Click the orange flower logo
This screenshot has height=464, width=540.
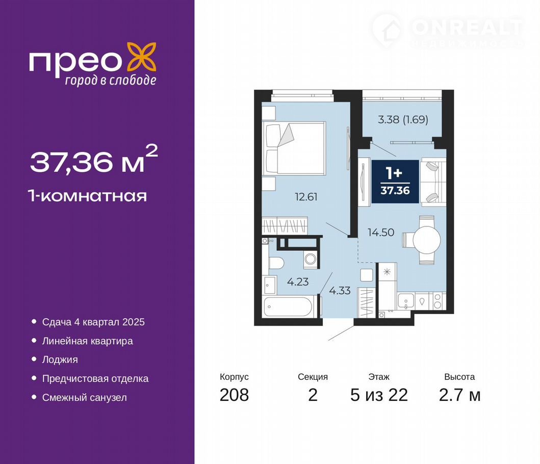(142, 57)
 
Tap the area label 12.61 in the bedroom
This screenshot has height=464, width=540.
(306, 197)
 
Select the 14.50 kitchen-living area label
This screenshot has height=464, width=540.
(381, 233)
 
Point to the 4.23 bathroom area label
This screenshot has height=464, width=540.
(298, 282)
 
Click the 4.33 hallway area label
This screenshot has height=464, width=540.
(340, 291)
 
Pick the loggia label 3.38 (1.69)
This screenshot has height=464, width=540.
(403, 119)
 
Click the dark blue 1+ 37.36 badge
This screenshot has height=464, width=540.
(395, 182)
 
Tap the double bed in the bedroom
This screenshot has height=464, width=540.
(294, 148)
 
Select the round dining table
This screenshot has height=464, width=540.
(427, 240)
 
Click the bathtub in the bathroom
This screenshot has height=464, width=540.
(288, 306)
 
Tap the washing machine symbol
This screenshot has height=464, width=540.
(312, 260)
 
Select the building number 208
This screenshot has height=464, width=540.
(234, 395)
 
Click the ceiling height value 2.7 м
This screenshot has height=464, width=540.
(459, 395)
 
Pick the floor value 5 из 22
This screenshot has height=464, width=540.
(379, 395)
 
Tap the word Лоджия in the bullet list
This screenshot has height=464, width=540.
(60, 359)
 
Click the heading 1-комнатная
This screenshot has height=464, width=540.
(88, 196)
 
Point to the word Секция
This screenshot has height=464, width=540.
(313, 377)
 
